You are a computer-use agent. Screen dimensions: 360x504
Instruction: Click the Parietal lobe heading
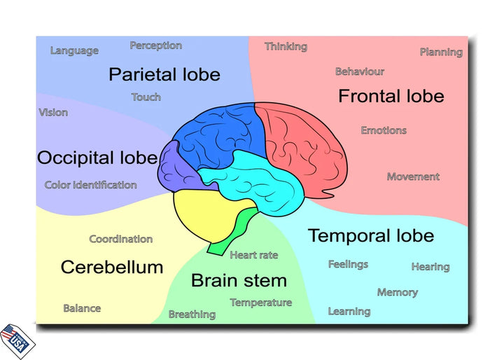pyautogui.click(x=164, y=74)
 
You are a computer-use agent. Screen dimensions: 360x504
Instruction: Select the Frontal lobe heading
pyautogui.click(x=391, y=96)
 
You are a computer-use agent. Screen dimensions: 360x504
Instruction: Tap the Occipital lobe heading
pyautogui.click(x=97, y=158)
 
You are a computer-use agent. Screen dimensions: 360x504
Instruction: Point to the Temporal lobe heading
pyautogui.click(x=370, y=236)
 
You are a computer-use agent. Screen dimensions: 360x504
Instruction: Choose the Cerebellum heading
pyautogui.click(x=112, y=267)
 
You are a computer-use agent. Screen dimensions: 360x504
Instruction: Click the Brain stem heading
pyautogui.click(x=239, y=281)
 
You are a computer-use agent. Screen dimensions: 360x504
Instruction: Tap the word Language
pyautogui.click(x=74, y=50)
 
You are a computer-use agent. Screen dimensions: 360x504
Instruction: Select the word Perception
pyautogui.click(x=155, y=46)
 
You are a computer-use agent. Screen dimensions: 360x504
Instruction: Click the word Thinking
pyautogui.click(x=286, y=46)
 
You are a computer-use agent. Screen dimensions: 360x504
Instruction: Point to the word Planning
pyautogui.click(x=441, y=52)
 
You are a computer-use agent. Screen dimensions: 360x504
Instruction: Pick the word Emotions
pyautogui.click(x=384, y=130)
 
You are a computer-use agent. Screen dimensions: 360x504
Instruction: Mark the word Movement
pyautogui.click(x=413, y=176)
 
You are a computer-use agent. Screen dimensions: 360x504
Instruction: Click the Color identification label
pyautogui.click(x=90, y=185)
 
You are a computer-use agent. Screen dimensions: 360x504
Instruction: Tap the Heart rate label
pyautogui.click(x=253, y=255)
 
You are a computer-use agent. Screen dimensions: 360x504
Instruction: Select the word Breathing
pyautogui.click(x=192, y=314)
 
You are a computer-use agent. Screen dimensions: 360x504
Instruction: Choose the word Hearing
pyautogui.click(x=430, y=267)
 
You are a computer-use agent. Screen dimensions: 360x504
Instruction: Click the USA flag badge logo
pyautogui.click(x=17, y=340)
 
